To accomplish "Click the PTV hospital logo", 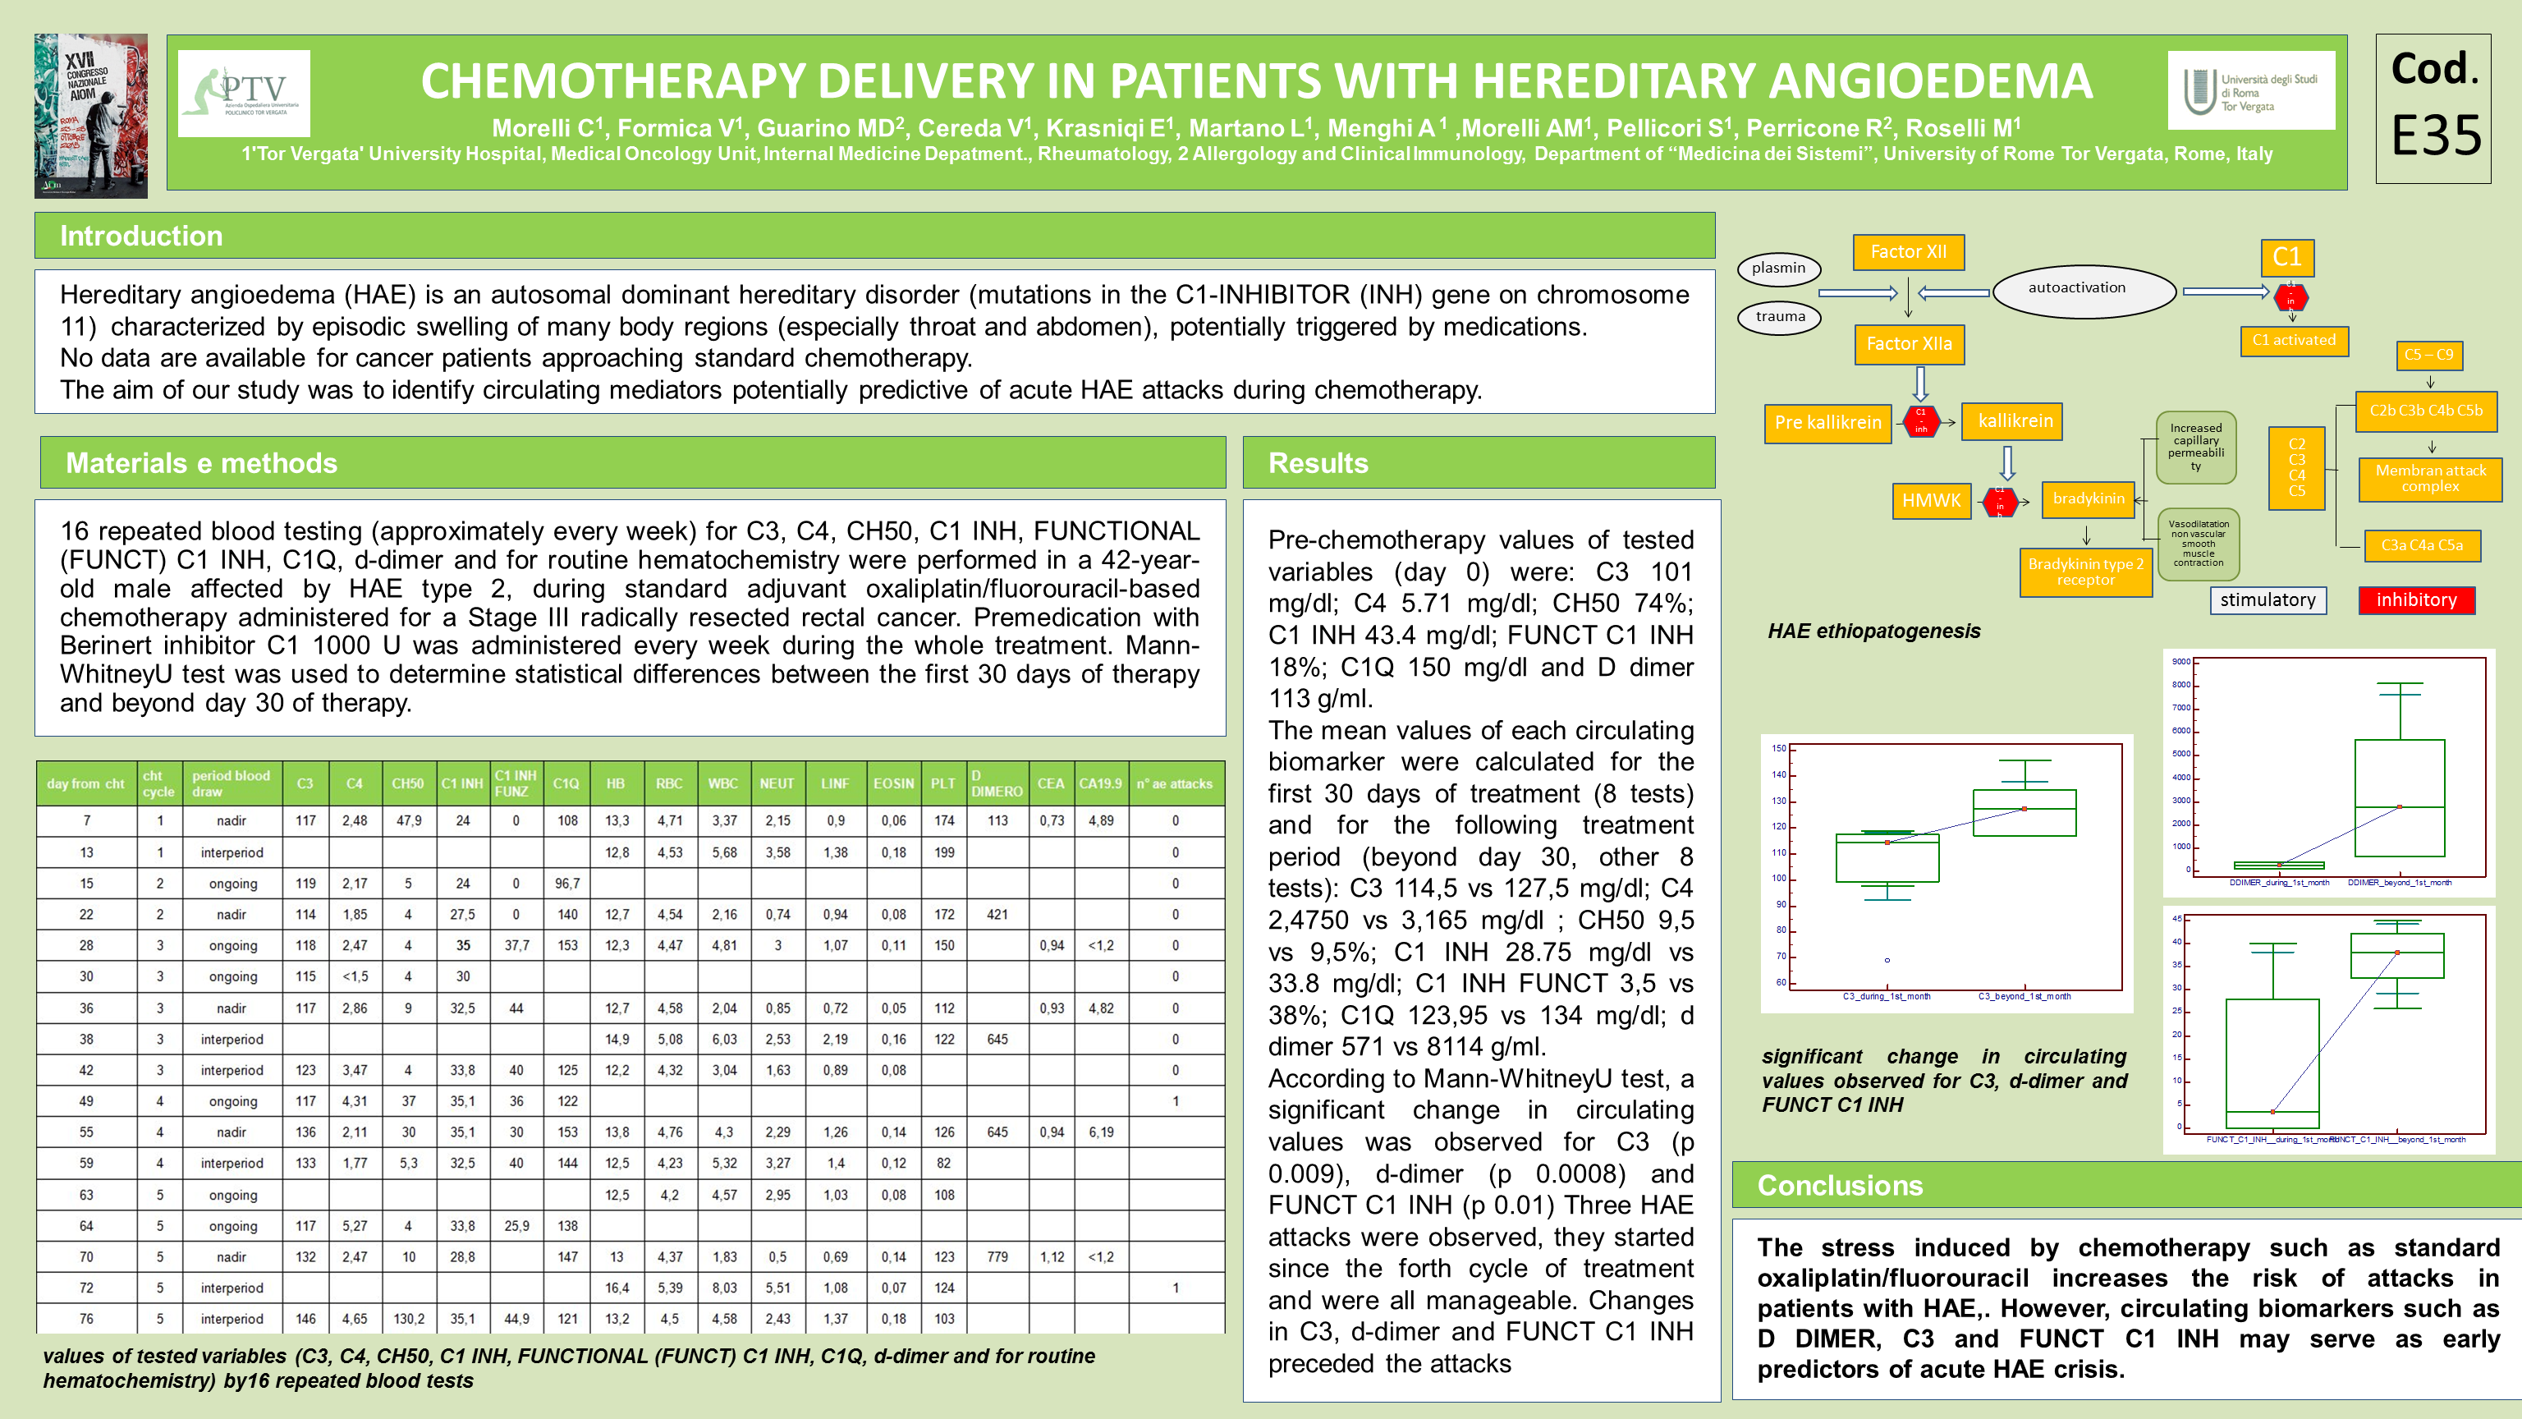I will (244, 93).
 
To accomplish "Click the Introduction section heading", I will (141, 236).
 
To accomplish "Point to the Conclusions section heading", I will (1840, 1185).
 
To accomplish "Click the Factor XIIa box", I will (1908, 344).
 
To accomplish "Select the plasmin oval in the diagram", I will (1778, 269).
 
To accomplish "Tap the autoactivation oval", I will (2076, 289).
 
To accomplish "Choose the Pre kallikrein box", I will (1827, 423).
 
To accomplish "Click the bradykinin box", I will (2089, 498).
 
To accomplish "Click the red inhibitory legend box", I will (2415, 599).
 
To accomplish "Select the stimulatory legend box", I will (2268, 599).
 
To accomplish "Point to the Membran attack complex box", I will (2430, 479).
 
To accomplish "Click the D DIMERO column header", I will (997, 783).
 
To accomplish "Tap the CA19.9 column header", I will (1100, 783).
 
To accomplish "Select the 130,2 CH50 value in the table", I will (408, 1319).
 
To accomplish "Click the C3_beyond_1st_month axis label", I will (2024, 996).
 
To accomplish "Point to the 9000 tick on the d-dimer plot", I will (2180, 662).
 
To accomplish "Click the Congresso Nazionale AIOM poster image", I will (91, 116).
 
